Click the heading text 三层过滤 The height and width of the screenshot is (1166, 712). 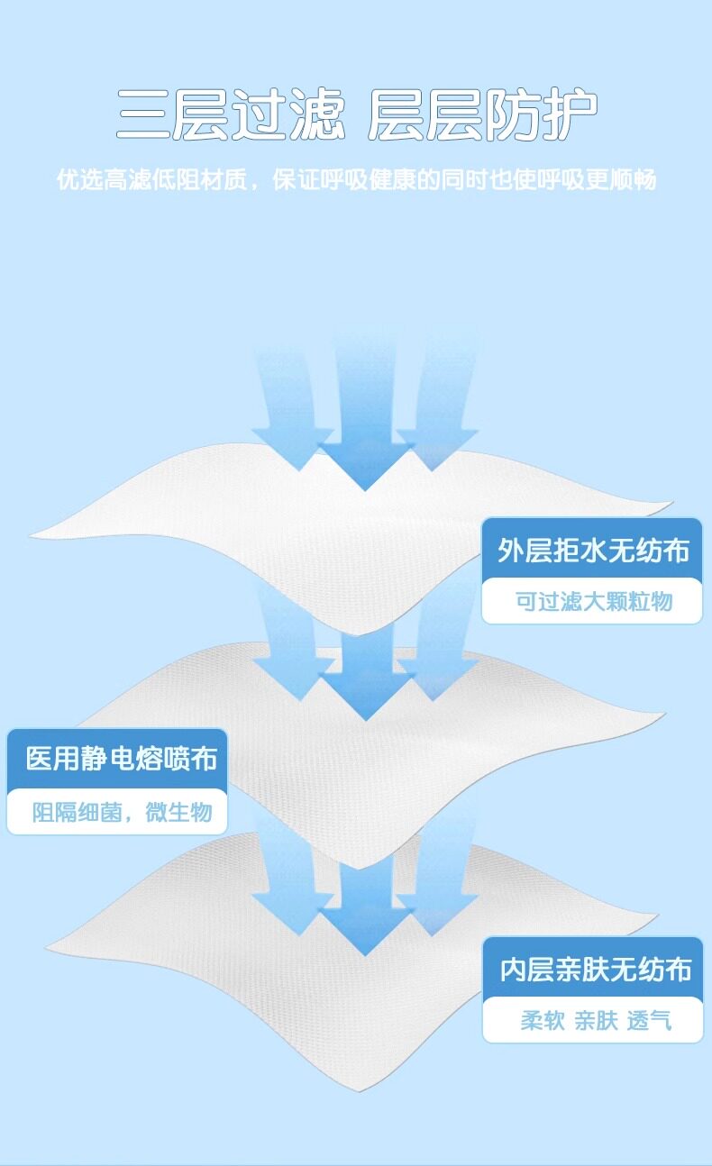[x=231, y=115]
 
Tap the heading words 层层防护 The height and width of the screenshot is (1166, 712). [x=482, y=115]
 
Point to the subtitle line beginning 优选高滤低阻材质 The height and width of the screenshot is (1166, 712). [x=356, y=179]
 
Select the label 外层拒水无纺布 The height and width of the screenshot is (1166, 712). [x=593, y=550]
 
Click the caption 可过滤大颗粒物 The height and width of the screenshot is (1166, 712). [x=593, y=600]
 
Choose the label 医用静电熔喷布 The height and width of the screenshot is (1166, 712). [x=122, y=759]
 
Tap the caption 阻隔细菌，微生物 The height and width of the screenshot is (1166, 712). [x=122, y=812]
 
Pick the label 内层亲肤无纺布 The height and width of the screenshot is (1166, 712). [x=596, y=970]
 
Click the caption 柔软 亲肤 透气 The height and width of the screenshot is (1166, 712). [x=596, y=1021]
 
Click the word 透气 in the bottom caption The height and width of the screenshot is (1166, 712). [x=650, y=1021]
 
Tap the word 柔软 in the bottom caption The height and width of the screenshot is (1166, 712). [x=543, y=1021]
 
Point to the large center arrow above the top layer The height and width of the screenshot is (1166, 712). [x=365, y=424]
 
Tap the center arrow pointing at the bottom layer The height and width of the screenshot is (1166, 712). [x=365, y=910]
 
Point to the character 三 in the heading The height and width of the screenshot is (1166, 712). [x=144, y=115]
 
